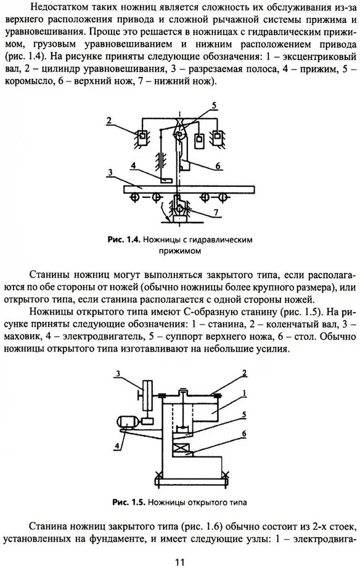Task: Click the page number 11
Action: (180, 562)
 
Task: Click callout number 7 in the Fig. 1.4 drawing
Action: (216, 212)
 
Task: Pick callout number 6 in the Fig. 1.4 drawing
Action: (218, 165)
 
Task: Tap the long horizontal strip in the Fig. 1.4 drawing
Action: (189, 189)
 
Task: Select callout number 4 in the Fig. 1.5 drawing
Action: (117, 447)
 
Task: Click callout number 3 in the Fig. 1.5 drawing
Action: (118, 373)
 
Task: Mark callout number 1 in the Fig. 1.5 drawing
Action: (244, 393)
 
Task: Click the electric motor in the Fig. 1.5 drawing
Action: (126, 422)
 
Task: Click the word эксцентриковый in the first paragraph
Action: (322, 57)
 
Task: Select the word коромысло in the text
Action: (28, 81)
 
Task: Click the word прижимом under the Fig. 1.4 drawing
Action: (179, 250)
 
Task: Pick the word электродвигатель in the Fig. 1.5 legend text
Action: (104, 337)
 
